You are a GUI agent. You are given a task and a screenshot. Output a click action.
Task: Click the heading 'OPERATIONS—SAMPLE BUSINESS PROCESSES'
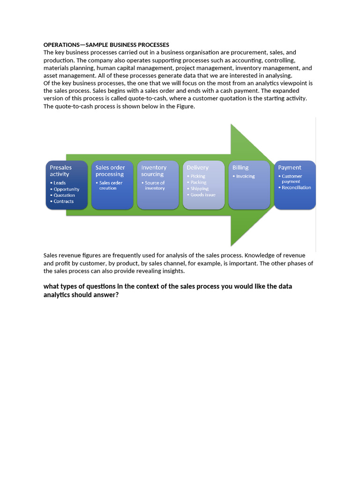pos(106,45)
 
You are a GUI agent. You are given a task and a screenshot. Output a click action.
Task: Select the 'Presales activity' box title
pos(61,171)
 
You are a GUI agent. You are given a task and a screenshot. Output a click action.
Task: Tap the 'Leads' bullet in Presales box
pos(60,183)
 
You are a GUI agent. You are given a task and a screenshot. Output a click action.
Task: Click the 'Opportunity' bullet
pos(66,189)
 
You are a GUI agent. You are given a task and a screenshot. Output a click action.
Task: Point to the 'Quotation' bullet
pos(64,195)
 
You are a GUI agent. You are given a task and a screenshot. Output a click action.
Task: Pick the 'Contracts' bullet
pos(63,202)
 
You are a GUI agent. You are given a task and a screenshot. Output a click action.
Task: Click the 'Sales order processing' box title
pos(110,171)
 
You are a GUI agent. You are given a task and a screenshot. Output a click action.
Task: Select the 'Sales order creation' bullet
pos(111,185)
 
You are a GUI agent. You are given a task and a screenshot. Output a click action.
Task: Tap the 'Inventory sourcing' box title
pos(154,171)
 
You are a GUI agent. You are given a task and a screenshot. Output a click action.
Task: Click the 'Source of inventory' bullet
pos(155,185)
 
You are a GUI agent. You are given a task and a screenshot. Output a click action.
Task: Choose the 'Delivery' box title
pos(197,167)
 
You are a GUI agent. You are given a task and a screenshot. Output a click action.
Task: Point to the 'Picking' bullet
pos(198,176)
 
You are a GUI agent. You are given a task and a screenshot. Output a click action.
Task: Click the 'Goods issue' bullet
pos(203,195)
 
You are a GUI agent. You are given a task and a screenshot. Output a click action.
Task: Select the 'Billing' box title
pos(240,167)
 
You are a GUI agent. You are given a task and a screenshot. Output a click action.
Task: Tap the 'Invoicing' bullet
pos(245,176)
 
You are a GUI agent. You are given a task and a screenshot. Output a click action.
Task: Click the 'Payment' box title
pos(290,167)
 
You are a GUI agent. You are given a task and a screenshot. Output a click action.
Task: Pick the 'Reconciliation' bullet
pos(296,187)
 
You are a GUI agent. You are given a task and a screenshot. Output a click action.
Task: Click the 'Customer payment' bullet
pos(292,179)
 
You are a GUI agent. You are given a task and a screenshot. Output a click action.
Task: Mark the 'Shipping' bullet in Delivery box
pos(199,188)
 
